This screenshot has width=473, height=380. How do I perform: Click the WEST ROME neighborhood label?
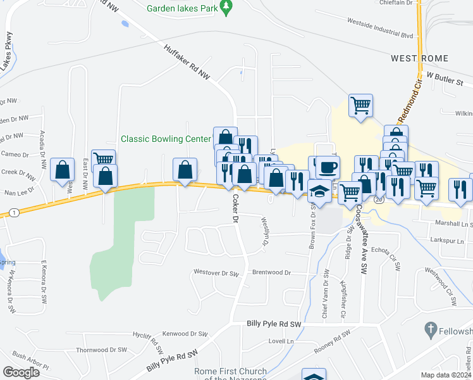click(x=419, y=58)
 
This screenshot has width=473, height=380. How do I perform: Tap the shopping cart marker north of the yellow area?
click(x=360, y=106)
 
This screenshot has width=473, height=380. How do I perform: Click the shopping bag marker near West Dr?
click(x=63, y=170)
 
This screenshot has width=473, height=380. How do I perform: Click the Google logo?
click(x=21, y=372)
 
